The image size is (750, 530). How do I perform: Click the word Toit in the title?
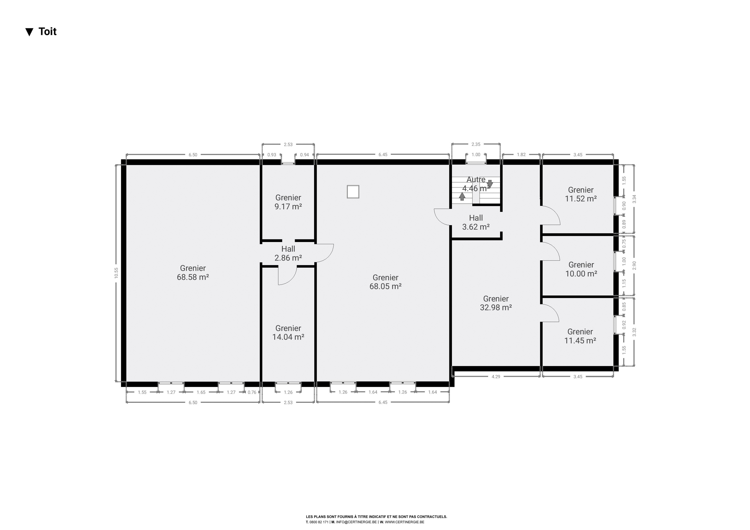point(47,31)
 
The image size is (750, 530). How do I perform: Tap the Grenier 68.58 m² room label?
point(193,272)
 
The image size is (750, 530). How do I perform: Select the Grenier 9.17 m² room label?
point(288,202)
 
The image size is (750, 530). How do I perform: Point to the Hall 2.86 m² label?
point(288,253)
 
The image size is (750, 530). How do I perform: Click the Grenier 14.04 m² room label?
point(288,332)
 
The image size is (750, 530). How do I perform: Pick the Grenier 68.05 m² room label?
point(386,282)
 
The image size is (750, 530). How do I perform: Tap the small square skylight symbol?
point(353,192)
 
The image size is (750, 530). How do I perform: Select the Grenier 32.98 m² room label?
point(496,303)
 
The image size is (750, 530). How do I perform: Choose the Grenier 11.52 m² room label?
point(581,194)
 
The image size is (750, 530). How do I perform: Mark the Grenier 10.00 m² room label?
point(581,269)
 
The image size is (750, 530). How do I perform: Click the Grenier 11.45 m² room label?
point(580,336)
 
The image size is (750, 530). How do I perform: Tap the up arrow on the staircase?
point(462,196)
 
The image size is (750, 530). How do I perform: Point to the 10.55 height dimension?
point(116,273)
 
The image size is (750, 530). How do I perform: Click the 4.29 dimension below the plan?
point(496,376)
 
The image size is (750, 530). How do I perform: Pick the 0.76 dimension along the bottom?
point(252,392)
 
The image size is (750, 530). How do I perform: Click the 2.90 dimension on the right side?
point(634,266)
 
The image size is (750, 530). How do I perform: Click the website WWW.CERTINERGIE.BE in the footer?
point(404,522)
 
